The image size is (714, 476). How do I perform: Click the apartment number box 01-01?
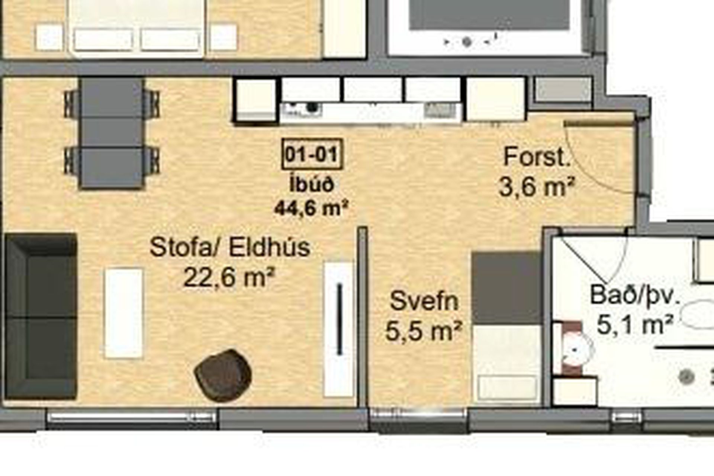(x=312, y=154)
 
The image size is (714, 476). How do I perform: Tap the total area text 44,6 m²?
(x=311, y=208)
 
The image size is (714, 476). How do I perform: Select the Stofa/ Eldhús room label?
(x=230, y=247)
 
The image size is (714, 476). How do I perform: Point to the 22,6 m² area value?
(x=229, y=277)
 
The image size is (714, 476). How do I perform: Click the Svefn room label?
(x=424, y=301)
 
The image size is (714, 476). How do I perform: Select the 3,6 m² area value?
(x=537, y=186)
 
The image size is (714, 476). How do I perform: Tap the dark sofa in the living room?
(x=41, y=316)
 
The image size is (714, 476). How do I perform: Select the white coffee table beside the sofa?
(x=123, y=313)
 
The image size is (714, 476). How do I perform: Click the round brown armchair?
(x=223, y=375)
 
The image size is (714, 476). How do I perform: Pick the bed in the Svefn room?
(x=506, y=328)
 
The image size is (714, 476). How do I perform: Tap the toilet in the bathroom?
(x=573, y=348)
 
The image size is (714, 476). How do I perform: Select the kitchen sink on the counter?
(x=441, y=109)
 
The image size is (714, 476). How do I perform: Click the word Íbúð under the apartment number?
(x=312, y=184)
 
